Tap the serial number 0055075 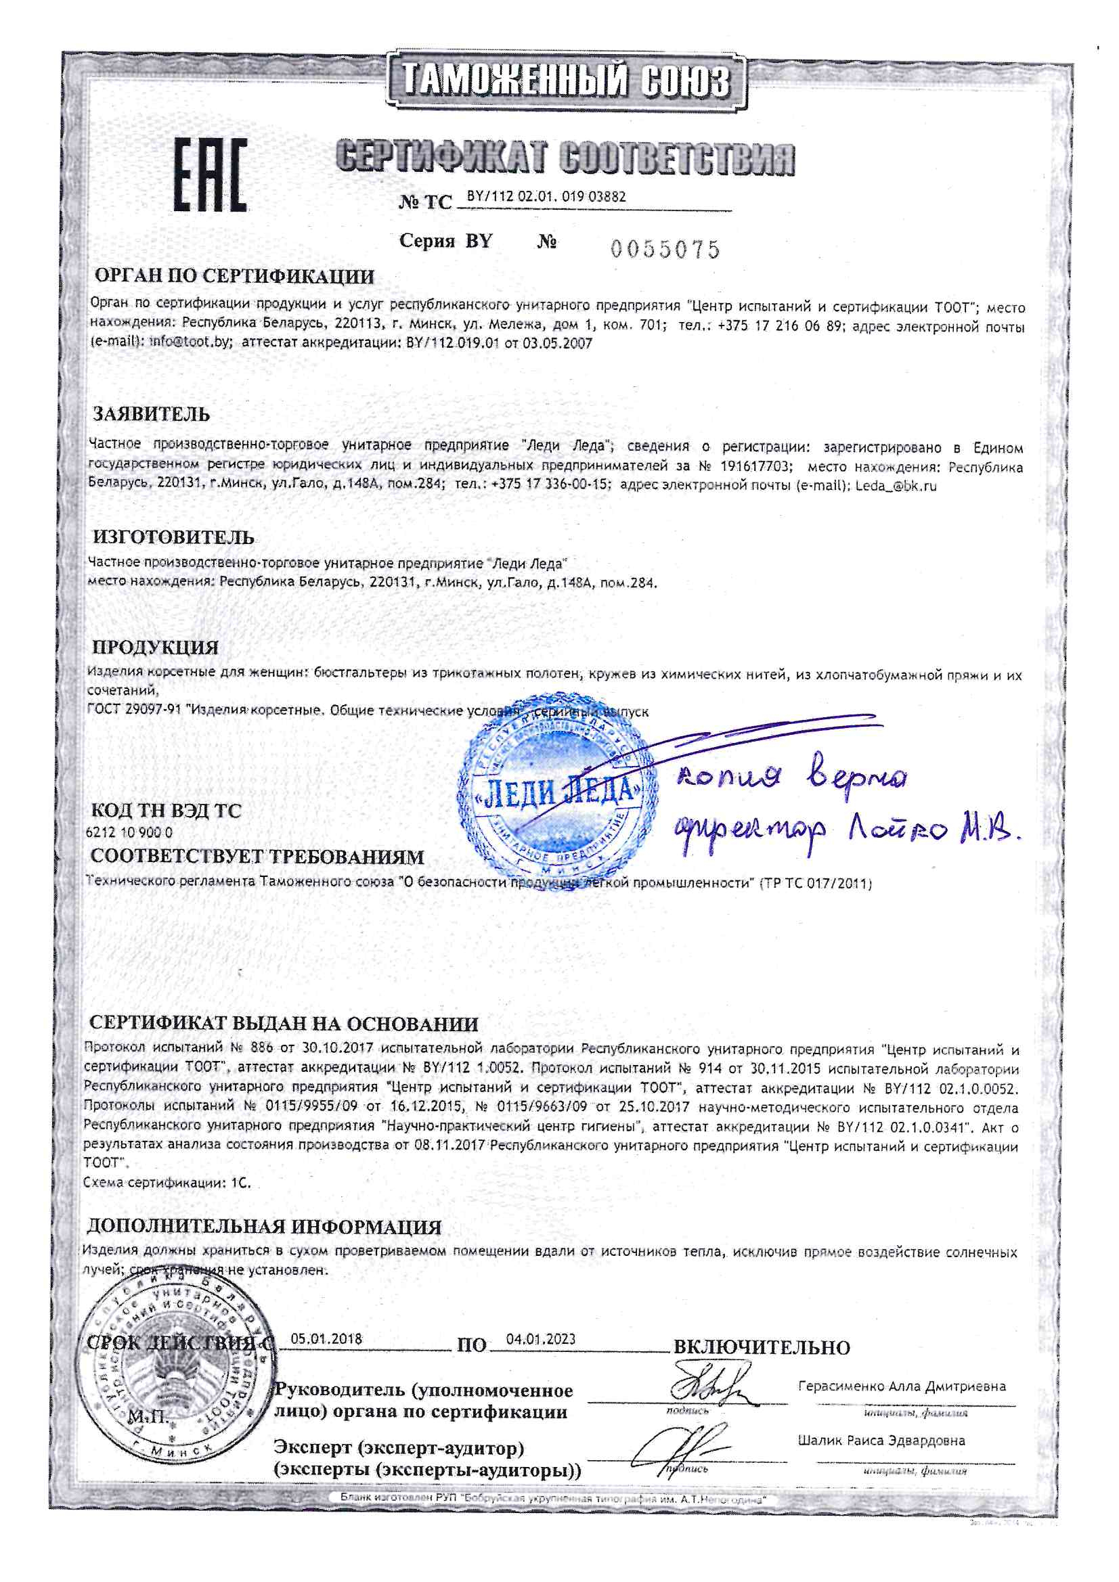coord(665,250)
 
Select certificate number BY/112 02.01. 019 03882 coord(546,196)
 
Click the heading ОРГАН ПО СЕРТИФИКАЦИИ coord(234,277)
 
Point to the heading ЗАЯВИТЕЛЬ coord(152,415)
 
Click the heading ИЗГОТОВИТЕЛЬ coord(174,537)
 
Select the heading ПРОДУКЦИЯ coord(156,648)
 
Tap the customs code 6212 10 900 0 coord(129,832)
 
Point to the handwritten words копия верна coord(793,777)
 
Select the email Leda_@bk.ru coord(896,486)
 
